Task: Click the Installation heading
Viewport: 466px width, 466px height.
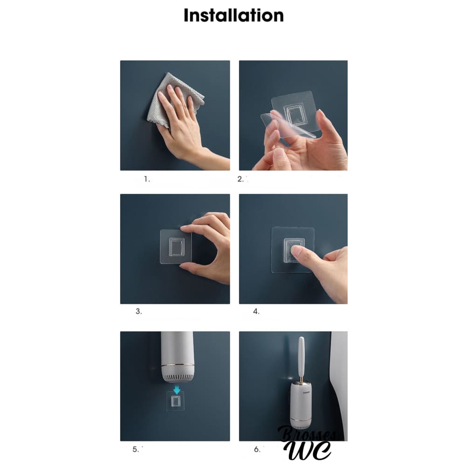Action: pos(233,15)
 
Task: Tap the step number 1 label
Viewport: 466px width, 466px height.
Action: pos(147,179)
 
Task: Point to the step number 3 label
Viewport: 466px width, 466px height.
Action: pos(138,311)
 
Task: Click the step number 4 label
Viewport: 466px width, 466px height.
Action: pos(256,311)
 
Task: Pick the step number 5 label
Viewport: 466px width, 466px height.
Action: pos(135,449)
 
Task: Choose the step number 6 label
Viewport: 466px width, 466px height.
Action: pos(257,449)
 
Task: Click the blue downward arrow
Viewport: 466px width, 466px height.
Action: pos(177,390)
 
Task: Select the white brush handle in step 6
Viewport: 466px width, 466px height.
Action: pos(301,356)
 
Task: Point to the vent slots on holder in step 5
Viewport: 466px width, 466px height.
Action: pos(178,378)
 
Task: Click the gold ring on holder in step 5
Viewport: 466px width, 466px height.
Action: pos(178,365)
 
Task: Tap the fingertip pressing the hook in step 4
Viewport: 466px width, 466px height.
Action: pos(295,252)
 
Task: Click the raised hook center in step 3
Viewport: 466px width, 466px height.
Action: pos(177,247)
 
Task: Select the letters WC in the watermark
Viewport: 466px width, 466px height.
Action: pos(307,451)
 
